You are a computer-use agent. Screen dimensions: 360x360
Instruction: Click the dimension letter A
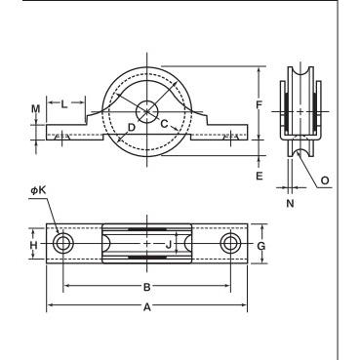pos(147,306)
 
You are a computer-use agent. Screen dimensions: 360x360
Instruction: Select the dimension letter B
pos(147,287)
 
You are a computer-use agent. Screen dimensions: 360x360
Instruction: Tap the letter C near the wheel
pos(165,124)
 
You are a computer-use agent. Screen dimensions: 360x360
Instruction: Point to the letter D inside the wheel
pos(131,128)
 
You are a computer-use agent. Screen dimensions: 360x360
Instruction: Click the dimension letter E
pos(260,176)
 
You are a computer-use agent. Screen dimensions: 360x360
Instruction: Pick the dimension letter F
pos(259,104)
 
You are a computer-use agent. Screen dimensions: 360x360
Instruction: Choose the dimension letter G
pos(261,246)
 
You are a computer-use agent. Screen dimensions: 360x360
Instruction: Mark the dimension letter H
pos(34,245)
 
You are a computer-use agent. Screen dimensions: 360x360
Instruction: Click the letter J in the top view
pos(169,245)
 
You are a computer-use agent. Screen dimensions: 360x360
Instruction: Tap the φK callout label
pos(39,190)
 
